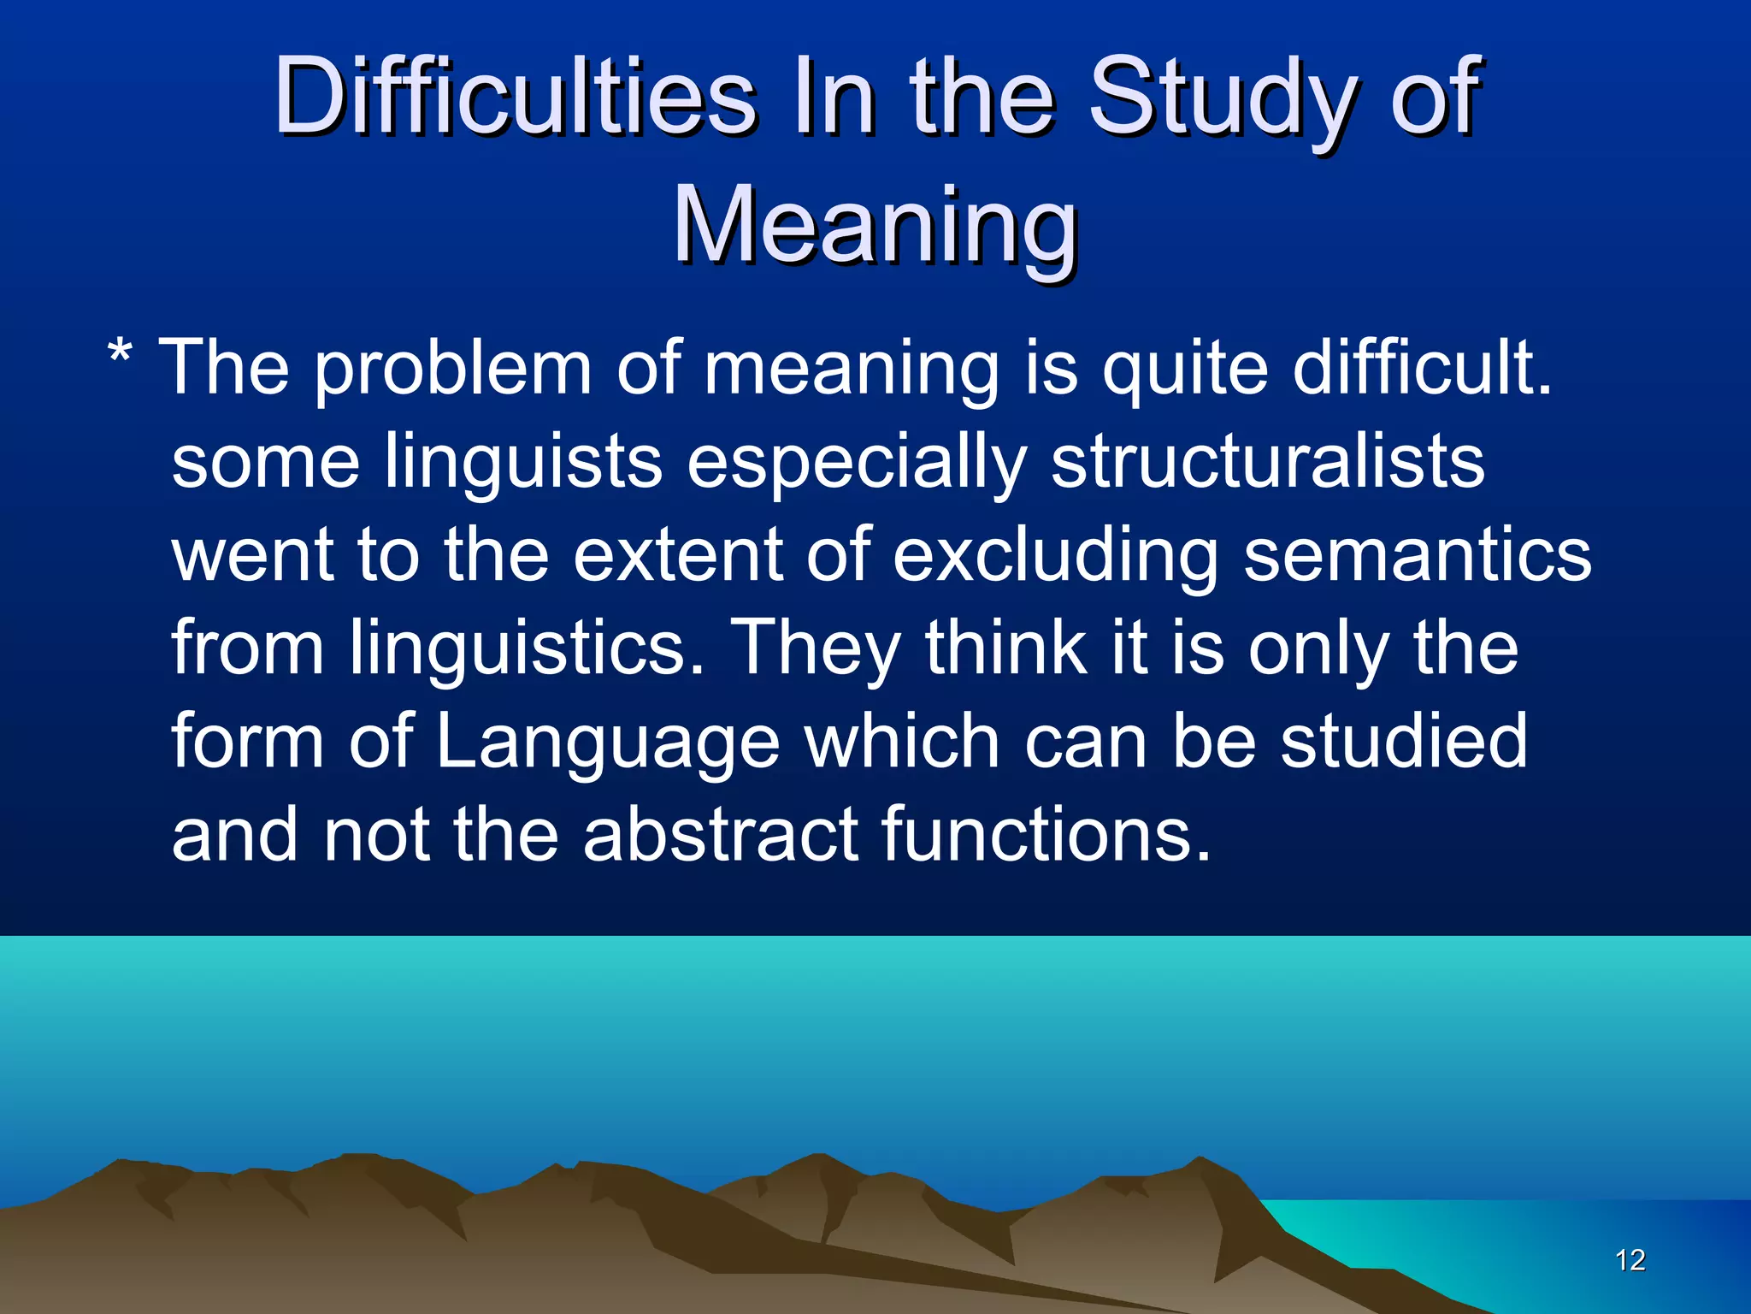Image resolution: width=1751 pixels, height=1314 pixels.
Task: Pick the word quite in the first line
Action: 1184,370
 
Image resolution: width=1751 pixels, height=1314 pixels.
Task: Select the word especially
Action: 856,462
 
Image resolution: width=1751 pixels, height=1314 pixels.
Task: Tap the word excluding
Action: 1055,556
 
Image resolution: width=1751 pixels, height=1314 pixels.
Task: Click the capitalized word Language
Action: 608,742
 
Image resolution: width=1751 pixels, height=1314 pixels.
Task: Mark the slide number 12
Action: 1630,1260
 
